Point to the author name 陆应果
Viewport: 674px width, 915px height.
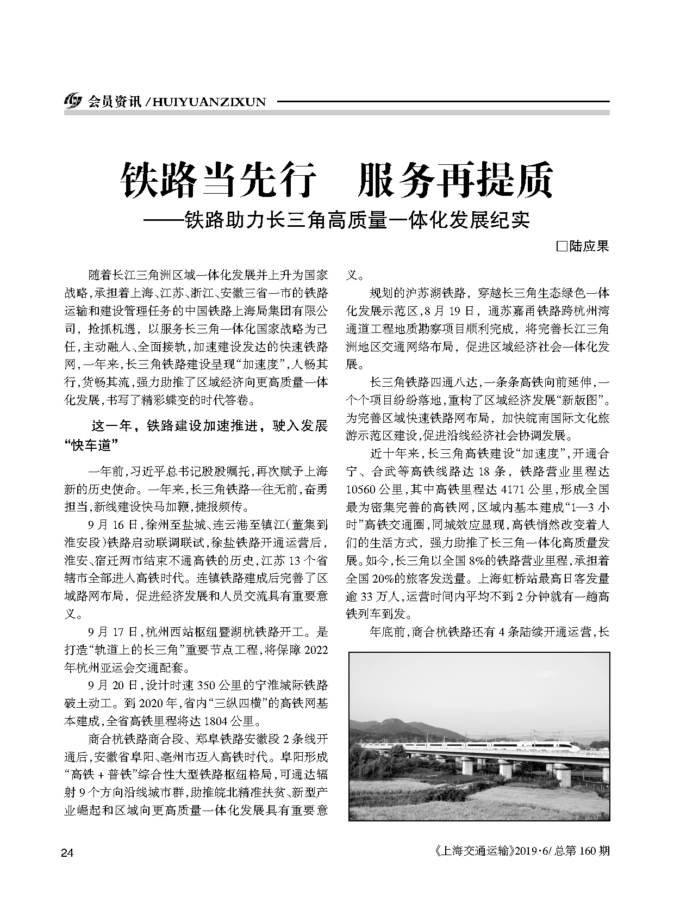click(x=589, y=246)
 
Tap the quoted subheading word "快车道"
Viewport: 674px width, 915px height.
click(x=91, y=446)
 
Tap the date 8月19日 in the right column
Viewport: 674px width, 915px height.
click(x=455, y=311)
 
